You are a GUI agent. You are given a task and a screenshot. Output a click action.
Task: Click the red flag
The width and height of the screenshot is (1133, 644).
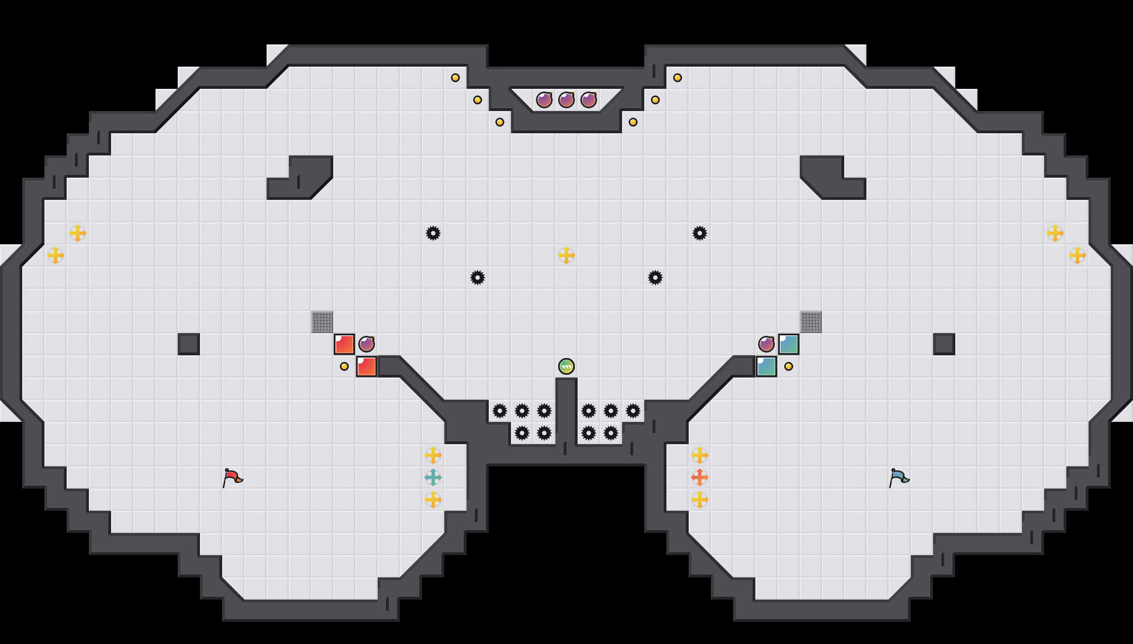pos(232,477)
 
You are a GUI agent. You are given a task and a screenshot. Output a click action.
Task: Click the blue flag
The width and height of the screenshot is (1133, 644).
pos(899,477)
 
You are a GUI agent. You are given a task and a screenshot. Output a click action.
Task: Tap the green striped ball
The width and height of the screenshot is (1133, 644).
pos(566,366)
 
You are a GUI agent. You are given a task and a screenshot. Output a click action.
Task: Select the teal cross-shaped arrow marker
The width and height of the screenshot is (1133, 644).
pos(433,477)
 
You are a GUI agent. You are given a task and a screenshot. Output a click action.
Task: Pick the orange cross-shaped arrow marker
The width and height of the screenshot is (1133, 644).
pos(700,477)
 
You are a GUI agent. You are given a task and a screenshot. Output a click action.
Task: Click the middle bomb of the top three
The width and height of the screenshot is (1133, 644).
pos(566,100)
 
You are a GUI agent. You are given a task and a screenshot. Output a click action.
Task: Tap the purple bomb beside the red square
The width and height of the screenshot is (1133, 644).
pos(367,344)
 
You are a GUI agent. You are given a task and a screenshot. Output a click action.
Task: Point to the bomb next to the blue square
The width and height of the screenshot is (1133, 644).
pos(766,344)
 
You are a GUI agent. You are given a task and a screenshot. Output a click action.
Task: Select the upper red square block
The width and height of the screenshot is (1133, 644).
pos(344,344)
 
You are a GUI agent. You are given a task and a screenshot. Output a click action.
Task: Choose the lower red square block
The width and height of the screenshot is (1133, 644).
pos(367,366)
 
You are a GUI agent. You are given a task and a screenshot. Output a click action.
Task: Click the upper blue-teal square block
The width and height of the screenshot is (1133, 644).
pos(789,344)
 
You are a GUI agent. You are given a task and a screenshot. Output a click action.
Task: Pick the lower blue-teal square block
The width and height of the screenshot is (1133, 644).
pos(766,366)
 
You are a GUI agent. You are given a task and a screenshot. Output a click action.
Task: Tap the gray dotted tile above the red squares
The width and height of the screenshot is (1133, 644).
pos(322,322)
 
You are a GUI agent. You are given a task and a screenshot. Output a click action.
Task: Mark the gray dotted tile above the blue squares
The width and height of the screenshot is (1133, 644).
pos(811,322)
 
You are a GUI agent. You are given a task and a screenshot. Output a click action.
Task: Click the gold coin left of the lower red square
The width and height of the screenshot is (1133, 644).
pos(344,366)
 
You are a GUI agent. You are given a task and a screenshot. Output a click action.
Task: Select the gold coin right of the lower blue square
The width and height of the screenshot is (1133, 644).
pos(789,366)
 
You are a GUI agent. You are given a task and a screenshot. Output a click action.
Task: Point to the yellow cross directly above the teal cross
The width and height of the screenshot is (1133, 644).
pos(433,455)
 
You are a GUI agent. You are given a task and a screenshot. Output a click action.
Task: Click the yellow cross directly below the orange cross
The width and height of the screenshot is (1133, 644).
pos(700,500)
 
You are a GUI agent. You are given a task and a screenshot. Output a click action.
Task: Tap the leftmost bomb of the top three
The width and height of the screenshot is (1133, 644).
pos(544,100)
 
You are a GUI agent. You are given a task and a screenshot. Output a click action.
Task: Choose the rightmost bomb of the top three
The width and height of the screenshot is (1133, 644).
pos(589,100)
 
